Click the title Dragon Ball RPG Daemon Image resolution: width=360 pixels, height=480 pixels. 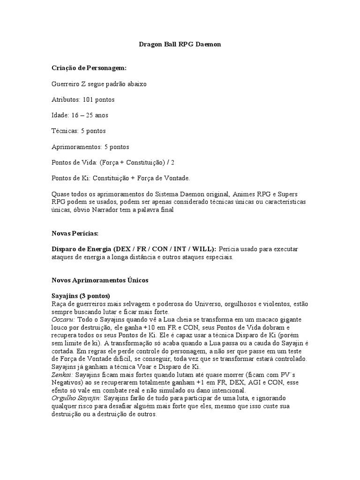180,45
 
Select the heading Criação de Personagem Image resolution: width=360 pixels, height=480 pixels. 89,68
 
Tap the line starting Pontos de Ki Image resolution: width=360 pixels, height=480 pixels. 120,178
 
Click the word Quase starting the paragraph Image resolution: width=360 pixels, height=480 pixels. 60,194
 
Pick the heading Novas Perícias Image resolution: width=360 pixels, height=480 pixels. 75,233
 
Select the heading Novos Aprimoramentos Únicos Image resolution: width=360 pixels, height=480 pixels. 99,280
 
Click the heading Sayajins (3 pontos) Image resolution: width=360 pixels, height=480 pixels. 81,296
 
